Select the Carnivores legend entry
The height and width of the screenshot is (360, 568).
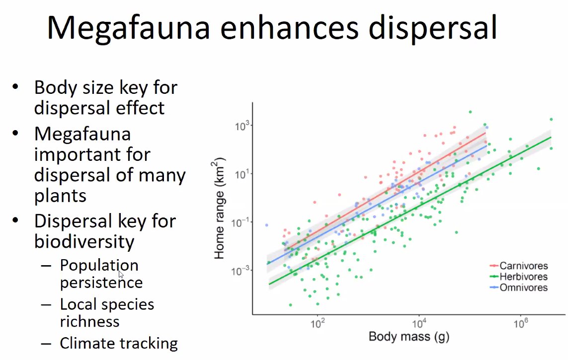coord(523,266)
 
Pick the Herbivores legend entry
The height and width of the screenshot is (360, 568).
coord(523,277)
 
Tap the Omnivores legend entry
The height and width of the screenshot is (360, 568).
coord(523,288)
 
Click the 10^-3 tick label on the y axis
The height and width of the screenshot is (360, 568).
coord(240,271)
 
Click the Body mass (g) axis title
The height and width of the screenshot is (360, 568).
coord(408,337)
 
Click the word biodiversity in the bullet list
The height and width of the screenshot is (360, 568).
coord(84,241)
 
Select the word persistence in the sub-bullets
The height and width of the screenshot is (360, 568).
coord(101,283)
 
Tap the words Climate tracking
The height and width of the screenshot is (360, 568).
coord(118,343)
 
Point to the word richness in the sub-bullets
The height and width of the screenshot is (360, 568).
coord(89,321)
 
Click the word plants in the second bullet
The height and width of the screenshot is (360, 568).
coord(60,195)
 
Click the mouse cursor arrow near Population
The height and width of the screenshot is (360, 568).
coord(121,275)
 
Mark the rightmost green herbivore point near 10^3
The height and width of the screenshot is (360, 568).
coord(551,119)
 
